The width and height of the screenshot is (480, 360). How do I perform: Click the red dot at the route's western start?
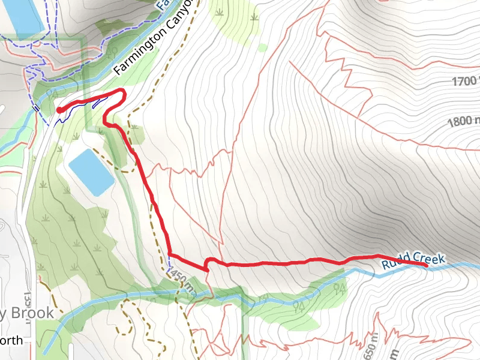(x=60, y=110)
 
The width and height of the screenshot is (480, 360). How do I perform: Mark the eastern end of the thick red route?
(x=425, y=264)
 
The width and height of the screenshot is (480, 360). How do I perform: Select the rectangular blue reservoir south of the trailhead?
(x=91, y=172)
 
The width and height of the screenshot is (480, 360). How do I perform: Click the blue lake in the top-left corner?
(x=24, y=15)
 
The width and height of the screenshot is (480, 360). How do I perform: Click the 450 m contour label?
(x=182, y=280)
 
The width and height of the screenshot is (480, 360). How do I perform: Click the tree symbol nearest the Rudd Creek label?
(x=340, y=289)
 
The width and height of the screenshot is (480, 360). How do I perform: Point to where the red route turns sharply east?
(x=170, y=254)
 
